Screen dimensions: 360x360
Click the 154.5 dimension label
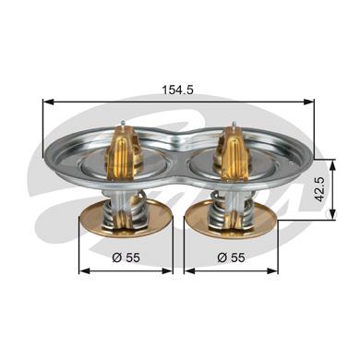click(x=177, y=90)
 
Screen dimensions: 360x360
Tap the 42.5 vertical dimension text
click(x=321, y=189)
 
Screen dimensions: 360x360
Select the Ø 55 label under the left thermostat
click(x=126, y=258)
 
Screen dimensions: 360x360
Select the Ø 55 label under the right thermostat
click(x=231, y=258)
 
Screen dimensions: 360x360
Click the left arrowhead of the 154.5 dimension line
click(x=48, y=102)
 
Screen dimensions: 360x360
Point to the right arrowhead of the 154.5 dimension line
click(x=308, y=102)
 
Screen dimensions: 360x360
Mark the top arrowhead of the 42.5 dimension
click(x=332, y=165)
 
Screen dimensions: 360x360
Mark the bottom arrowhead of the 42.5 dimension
click(x=332, y=214)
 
